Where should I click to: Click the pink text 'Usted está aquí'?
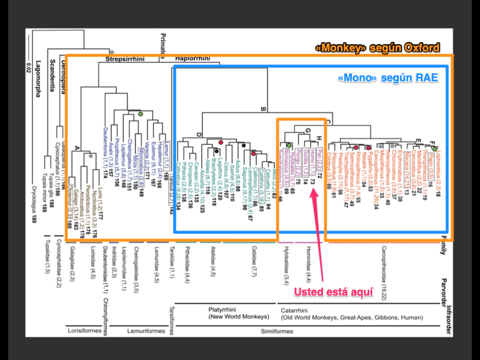(333, 292)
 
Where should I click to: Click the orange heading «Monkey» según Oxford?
(377, 47)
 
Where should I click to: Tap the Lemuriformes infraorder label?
(146, 331)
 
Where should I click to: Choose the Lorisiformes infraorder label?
(84, 330)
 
